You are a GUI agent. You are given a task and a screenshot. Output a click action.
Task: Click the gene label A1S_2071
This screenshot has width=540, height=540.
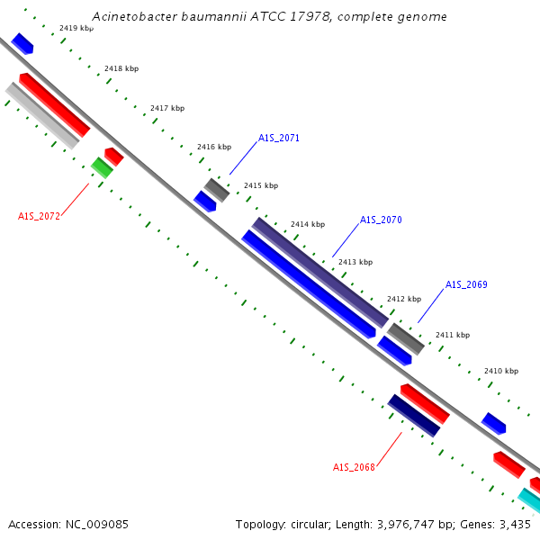click(x=279, y=138)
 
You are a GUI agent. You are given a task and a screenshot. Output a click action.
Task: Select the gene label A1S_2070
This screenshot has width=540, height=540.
click(x=381, y=220)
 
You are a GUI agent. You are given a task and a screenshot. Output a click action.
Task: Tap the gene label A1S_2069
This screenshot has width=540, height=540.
click(x=466, y=284)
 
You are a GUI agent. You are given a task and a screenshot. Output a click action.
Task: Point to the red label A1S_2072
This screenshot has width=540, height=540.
click(x=39, y=216)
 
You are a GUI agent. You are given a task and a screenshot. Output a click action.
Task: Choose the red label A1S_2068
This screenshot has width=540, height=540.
click(x=354, y=467)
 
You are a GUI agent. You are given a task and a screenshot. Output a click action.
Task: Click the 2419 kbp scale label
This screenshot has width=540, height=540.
click(x=76, y=28)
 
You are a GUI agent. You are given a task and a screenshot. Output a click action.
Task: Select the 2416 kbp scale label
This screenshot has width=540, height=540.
click(x=214, y=147)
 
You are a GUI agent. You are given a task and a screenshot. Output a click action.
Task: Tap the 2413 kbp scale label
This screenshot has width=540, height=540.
click(x=355, y=262)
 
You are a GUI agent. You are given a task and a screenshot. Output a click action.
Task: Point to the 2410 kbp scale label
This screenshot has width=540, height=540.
click(x=501, y=371)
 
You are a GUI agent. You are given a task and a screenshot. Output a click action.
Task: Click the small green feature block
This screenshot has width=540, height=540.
click(x=102, y=167)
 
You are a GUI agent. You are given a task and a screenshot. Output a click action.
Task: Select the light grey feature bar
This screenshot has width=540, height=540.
click(x=42, y=116)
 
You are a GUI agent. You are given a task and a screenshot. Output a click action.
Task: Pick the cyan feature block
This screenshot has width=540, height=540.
click(x=529, y=500)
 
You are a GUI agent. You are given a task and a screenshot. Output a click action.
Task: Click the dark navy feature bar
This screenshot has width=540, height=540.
click(x=414, y=416)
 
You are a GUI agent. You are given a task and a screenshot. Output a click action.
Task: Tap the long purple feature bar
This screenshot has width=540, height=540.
click(x=320, y=273)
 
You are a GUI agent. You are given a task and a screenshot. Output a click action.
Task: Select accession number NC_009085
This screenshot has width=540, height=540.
click(x=97, y=525)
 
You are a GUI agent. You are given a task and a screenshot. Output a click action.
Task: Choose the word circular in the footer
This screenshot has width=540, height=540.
click(x=310, y=525)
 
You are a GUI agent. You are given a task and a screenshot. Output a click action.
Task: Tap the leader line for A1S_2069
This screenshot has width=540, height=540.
click(x=431, y=306)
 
